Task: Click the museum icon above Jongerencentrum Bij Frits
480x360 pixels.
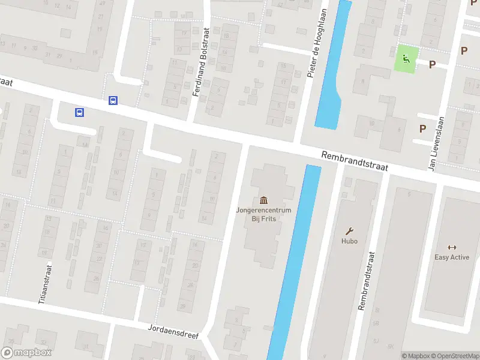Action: [263, 200]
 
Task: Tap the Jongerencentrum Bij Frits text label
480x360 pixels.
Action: [263, 214]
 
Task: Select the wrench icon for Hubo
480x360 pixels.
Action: [349, 231]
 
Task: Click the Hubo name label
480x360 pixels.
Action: [349, 241]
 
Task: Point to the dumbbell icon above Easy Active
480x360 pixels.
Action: [452, 247]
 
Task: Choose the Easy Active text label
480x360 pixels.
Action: [452, 257]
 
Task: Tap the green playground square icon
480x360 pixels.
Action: [406, 59]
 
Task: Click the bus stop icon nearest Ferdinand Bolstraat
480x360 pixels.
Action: [113, 101]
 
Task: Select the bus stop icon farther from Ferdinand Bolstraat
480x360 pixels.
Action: [79, 112]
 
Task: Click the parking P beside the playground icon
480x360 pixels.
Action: [431, 65]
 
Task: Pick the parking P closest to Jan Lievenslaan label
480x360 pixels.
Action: [422, 128]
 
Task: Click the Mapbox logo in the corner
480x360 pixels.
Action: [26, 353]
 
